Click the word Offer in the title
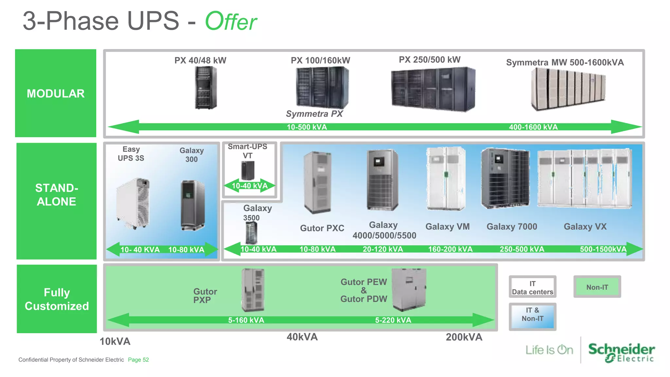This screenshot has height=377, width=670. [x=231, y=22]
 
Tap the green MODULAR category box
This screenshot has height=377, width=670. [x=56, y=93]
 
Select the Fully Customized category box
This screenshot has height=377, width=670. [x=57, y=299]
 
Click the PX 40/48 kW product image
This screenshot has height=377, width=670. [x=206, y=88]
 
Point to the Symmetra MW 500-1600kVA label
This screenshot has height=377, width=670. [x=565, y=63]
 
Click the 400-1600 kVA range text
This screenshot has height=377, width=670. [x=533, y=127]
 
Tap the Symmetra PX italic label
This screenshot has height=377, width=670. [x=314, y=114]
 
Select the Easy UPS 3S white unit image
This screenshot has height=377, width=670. [x=133, y=203]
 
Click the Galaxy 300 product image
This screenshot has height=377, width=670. [x=193, y=205]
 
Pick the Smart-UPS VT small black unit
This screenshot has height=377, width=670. [x=248, y=170]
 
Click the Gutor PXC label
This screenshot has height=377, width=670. [x=322, y=228]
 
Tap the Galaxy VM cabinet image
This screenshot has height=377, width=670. [x=446, y=178]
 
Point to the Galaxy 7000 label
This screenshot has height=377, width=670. [x=512, y=226]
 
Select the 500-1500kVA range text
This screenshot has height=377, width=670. [x=603, y=249]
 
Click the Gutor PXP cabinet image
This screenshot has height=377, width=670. [x=253, y=290]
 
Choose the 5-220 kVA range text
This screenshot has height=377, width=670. [x=393, y=320]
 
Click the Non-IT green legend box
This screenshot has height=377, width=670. [x=597, y=287]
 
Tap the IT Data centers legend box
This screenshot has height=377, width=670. [x=532, y=287]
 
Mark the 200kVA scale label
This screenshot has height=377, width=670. [x=464, y=337]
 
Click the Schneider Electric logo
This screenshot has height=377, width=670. [x=621, y=352]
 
